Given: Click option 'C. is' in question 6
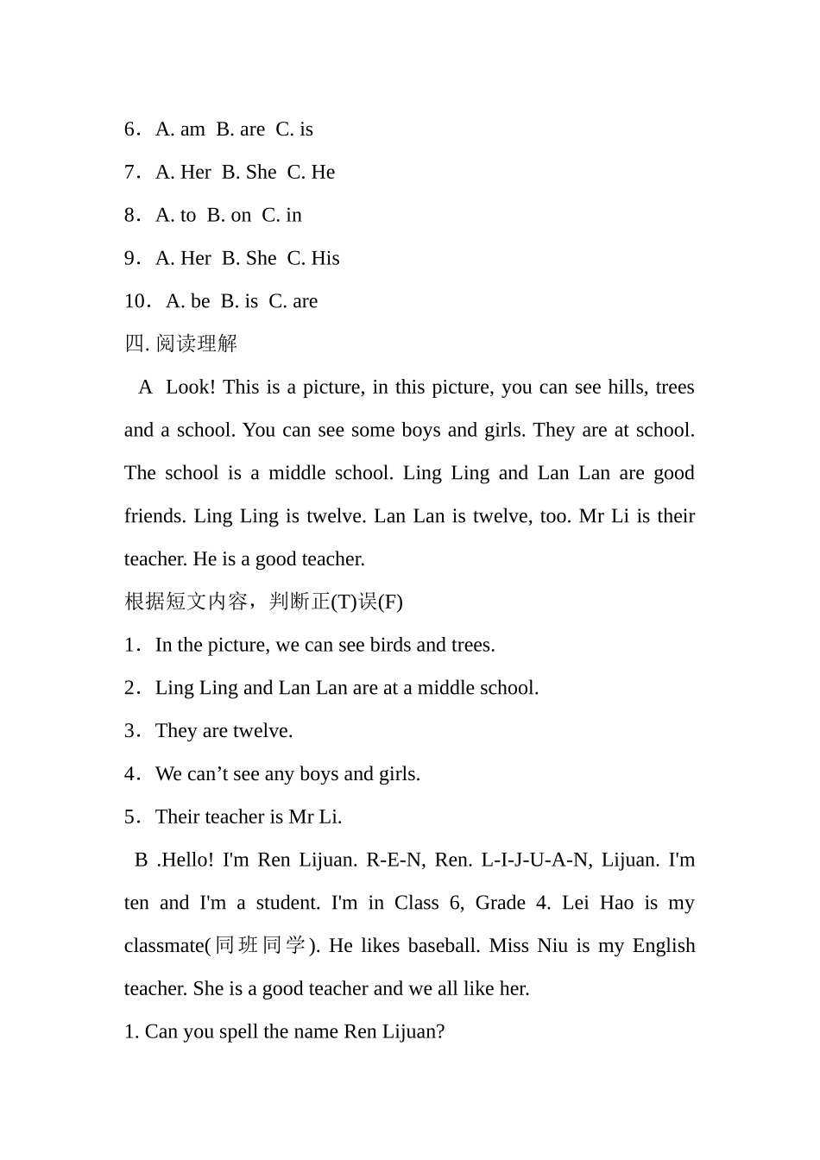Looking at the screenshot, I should click(x=294, y=129).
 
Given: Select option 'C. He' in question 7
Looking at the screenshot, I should click(x=311, y=173).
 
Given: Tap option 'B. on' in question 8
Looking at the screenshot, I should click(x=229, y=216).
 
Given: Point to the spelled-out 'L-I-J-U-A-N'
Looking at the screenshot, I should click(x=535, y=860).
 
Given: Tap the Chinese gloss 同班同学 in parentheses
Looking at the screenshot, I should click(x=260, y=946).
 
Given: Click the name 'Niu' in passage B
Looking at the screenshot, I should click(x=552, y=946).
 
